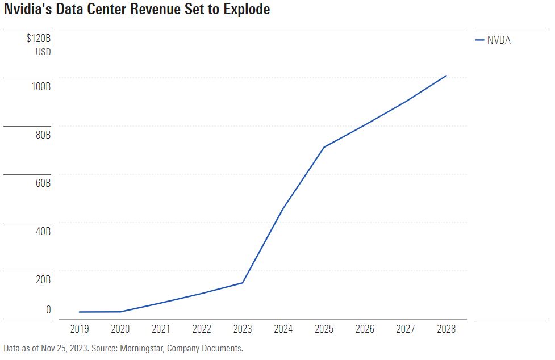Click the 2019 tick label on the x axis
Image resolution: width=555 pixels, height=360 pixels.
(79, 329)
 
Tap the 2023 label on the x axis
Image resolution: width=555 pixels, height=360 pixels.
(243, 329)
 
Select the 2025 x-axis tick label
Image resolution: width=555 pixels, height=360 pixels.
(324, 329)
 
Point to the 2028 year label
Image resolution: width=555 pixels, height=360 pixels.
(446, 329)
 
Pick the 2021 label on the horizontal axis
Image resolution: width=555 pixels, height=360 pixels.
(161, 329)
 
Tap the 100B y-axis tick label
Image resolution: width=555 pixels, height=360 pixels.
(41, 88)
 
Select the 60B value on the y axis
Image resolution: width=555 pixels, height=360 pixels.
(42, 183)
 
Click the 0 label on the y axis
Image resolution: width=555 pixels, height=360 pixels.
(48, 309)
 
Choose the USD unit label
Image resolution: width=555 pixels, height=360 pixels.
(43, 52)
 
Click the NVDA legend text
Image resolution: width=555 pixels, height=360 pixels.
(499, 40)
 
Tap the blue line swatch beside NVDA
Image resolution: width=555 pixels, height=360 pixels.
(479, 40)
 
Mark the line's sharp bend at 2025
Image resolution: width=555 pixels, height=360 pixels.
(324, 147)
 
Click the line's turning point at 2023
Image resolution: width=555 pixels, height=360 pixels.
(243, 283)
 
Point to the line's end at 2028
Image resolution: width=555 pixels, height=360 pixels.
(446, 76)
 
